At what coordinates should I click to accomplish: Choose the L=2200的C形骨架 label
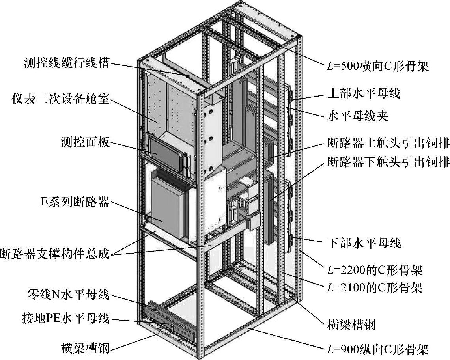click(x=375, y=270)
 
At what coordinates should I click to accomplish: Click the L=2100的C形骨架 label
click(x=375, y=288)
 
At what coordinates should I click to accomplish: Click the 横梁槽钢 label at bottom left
click(x=85, y=347)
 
